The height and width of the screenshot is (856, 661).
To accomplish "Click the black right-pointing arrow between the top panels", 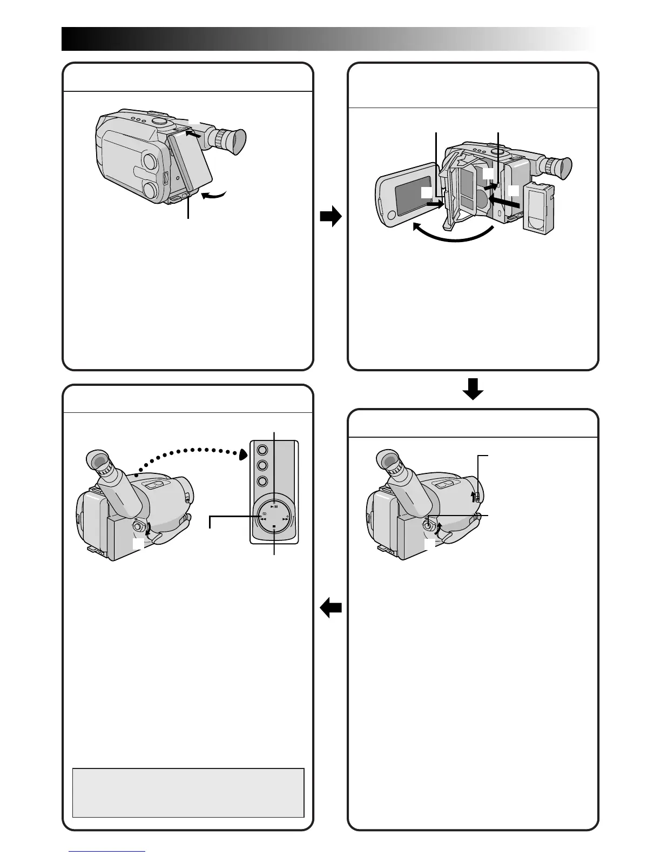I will coord(330,217).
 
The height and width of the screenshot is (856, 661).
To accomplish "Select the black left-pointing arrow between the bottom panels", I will coord(331,609).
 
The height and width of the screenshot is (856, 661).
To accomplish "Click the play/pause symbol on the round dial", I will coord(274,506).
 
